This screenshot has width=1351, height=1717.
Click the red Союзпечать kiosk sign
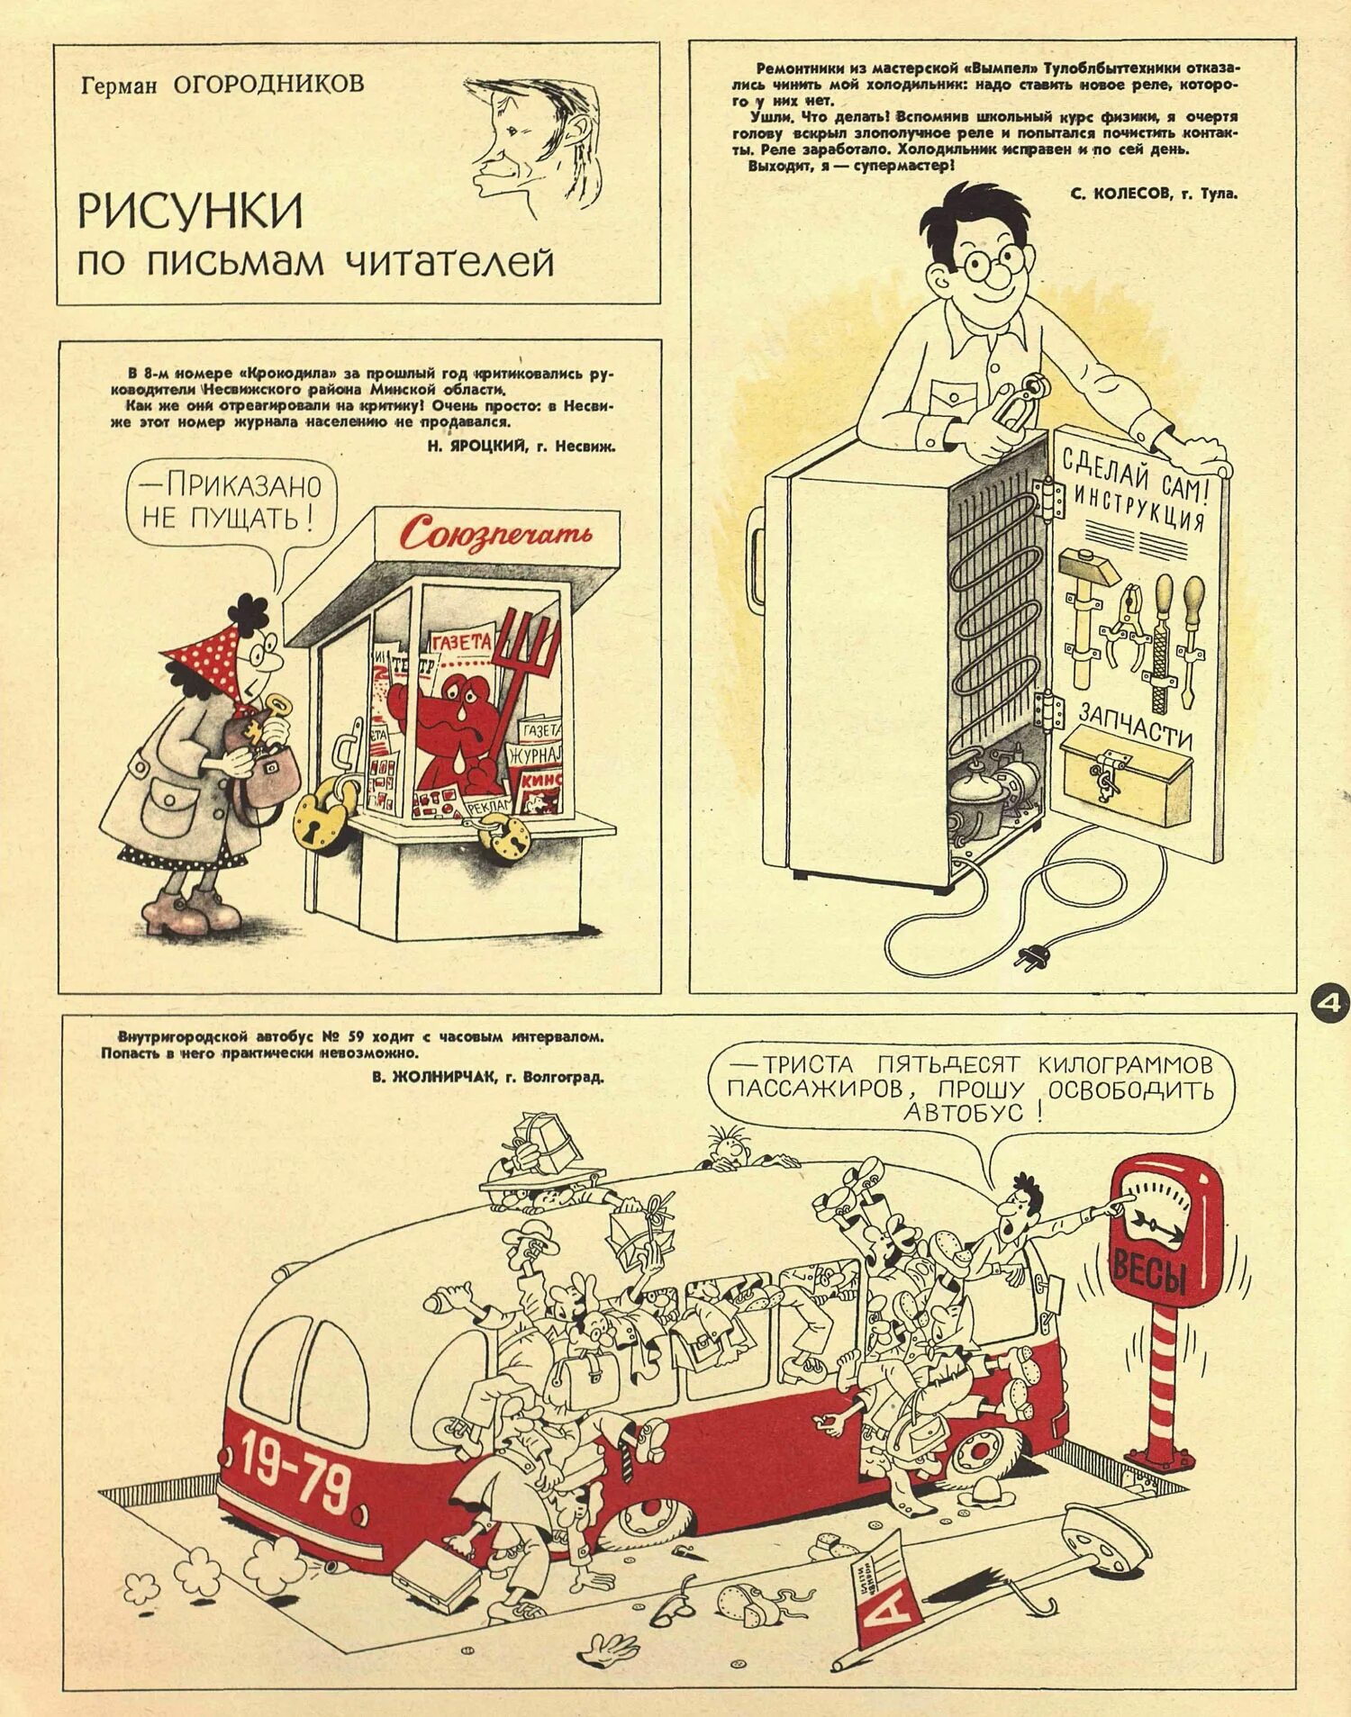(496, 534)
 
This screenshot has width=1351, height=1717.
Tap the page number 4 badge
(1328, 1005)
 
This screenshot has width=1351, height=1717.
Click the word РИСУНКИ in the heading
(190, 210)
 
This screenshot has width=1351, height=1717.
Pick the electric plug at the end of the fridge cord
(1025, 957)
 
